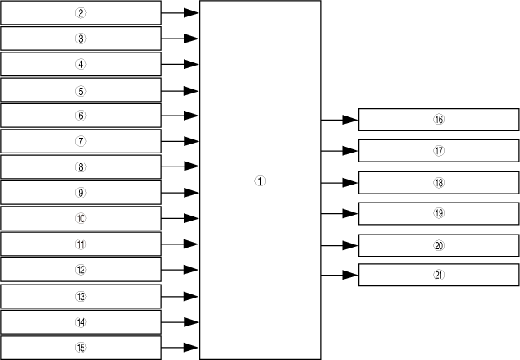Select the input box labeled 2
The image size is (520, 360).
(x=80, y=13)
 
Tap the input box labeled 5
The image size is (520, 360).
(x=80, y=90)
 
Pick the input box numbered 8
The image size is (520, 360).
(x=80, y=167)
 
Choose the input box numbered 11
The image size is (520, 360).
(x=80, y=244)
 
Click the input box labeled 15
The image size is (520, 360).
(x=80, y=348)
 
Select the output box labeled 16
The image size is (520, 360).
(x=439, y=120)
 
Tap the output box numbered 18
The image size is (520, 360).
(x=439, y=182)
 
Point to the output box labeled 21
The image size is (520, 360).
(x=439, y=276)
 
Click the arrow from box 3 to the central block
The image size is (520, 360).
(x=180, y=39)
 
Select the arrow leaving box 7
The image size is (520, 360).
(x=180, y=141)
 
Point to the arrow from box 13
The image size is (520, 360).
(x=180, y=296)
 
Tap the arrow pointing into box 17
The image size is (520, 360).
(x=339, y=151)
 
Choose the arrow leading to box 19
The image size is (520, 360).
(x=339, y=213)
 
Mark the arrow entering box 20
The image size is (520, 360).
(x=339, y=244)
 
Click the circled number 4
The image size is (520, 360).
(x=80, y=64)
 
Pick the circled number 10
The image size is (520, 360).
(x=80, y=219)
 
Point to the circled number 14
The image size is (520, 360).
(x=80, y=322)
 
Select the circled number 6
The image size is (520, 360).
(x=80, y=116)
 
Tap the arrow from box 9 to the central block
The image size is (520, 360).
(x=180, y=193)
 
